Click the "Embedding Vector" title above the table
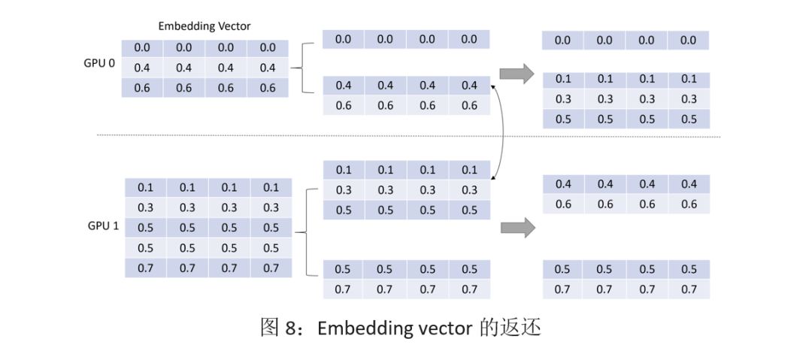205,26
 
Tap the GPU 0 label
99,65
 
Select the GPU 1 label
104,226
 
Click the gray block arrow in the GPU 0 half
517,73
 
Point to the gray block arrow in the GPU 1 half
517,228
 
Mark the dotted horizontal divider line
408,137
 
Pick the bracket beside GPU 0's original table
302,68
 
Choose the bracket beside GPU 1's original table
307,232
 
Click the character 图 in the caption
271,328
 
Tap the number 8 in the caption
291,328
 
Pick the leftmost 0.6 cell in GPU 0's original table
142,87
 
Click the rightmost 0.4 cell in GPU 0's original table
267,68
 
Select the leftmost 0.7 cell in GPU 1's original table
146,268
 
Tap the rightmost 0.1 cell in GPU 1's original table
271,187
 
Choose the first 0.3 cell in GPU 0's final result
563,99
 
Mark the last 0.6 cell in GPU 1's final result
689,204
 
